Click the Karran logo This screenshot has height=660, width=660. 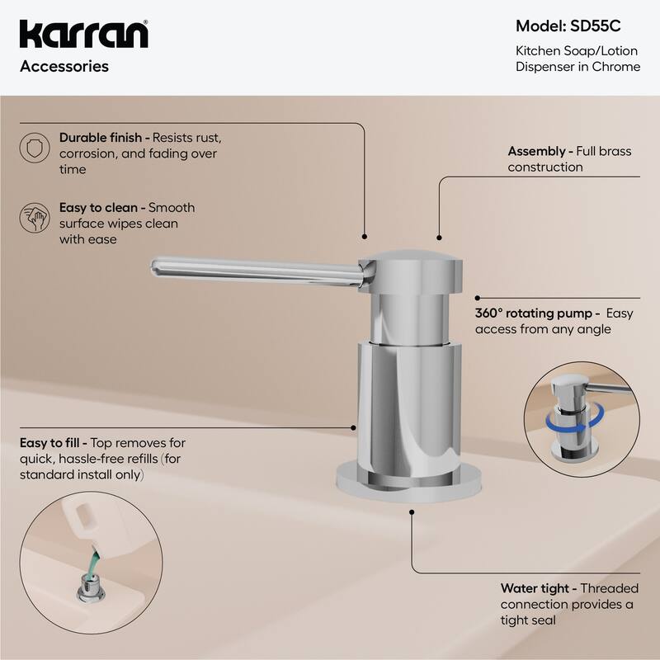pos(83,35)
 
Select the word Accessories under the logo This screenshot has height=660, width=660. pos(64,67)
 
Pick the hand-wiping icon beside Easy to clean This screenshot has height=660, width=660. pos(32,217)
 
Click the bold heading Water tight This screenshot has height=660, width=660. pos(535,589)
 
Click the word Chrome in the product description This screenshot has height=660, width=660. pos(619,66)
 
